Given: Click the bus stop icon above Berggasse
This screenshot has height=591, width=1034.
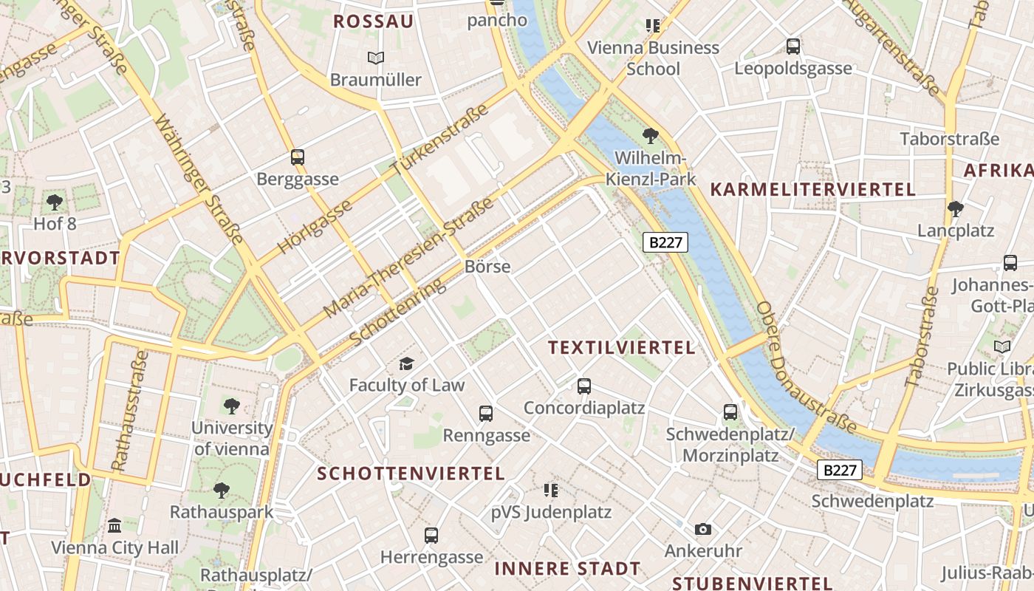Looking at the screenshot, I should click(298, 157).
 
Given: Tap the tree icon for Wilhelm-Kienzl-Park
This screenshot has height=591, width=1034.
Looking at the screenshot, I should click(651, 135).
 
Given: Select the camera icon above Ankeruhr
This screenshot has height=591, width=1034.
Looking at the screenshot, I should click(703, 529).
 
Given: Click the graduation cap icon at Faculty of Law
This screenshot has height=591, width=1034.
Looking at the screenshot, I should click(406, 363).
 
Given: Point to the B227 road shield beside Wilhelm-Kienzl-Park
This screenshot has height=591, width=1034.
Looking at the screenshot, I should click(665, 242).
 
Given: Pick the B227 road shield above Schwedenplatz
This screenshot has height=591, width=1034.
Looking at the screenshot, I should click(840, 470).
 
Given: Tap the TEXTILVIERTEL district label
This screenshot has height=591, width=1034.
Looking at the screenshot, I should click(622, 347).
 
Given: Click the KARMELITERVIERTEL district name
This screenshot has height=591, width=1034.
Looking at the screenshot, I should click(812, 189).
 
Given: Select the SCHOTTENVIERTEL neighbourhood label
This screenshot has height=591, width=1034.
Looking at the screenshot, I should click(411, 474).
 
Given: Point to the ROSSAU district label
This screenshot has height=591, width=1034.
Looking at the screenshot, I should click(373, 21).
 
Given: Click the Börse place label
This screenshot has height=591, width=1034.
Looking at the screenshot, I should click(487, 267).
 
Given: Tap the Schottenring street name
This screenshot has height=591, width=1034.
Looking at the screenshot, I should click(399, 312).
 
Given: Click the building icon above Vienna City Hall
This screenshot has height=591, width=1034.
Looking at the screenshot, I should click(114, 525).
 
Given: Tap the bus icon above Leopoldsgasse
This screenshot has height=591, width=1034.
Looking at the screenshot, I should click(793, 47).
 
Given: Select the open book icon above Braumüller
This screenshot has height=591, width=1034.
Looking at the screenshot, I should click(376, 58).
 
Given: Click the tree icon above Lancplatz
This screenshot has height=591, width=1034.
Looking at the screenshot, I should click(956, 209).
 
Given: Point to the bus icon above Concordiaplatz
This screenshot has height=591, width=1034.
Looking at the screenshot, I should click(584, 386).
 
